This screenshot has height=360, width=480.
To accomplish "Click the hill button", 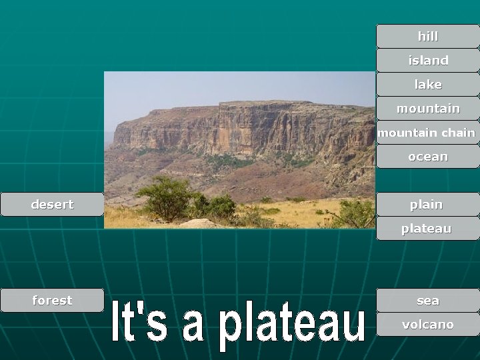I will coord(427,36).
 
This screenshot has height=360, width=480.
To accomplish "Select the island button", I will coord(427,60).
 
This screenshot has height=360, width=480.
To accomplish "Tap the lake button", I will coord(427,85).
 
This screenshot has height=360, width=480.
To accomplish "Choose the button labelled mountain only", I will coord(427,108).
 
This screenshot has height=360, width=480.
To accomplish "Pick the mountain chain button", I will coord(427,133).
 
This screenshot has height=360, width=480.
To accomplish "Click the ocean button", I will coord(427,157).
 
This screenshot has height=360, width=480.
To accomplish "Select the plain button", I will coord(427,204).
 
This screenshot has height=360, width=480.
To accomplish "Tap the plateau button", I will coord(427,229).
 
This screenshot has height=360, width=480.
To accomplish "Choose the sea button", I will coord(427,301).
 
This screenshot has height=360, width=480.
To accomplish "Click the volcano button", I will coord(427,325).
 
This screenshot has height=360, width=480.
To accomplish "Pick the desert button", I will coord(52,204).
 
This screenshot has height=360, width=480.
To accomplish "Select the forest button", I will coord(52,301).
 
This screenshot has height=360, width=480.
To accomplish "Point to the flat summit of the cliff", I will coord(267,103).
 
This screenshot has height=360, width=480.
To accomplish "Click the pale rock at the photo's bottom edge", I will coord(197,224).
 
